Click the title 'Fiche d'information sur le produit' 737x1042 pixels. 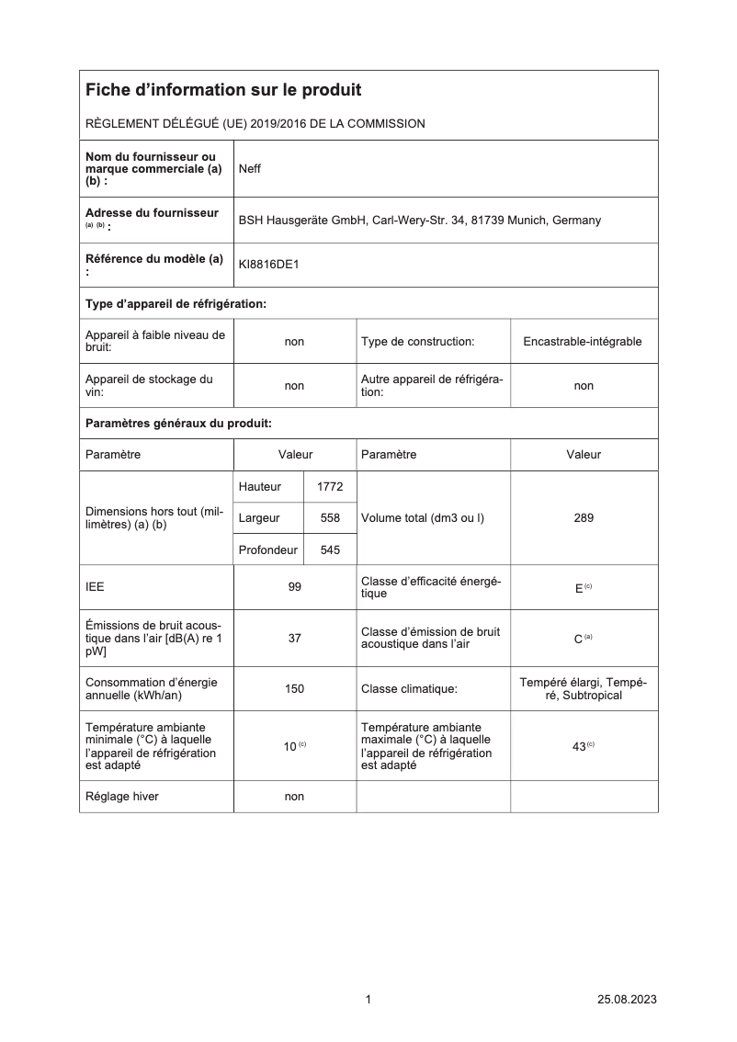point(223,90)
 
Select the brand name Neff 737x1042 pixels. point(250,169)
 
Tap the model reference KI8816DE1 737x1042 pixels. point(268,265)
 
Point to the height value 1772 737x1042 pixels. point(329,486)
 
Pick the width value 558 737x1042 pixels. point(330,518)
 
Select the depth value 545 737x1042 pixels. point(330,549)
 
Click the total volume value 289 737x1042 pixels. point(584,518)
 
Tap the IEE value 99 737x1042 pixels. point(294,587)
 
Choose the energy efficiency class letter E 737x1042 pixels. point(579,588)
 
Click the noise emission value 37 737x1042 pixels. point(294,638)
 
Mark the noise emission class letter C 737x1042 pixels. point(579,638)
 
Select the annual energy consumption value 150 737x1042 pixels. point(294,688)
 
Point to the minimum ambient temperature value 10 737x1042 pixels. point(289,746)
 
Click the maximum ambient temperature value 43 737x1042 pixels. point(579,746)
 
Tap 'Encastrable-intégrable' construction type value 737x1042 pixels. point(583,342)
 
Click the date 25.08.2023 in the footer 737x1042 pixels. point(627,1000)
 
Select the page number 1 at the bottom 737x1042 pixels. point(368,1000)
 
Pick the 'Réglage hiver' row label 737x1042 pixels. point(121,797)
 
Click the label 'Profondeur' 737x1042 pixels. point(267,549)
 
